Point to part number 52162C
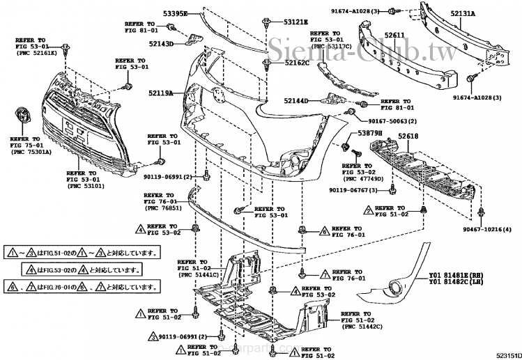tap(297, 63)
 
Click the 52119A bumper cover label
tap(160, 92)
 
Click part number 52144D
tap(296, 101)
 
